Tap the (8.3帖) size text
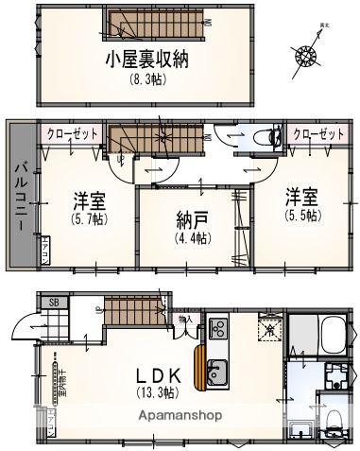(146, 79)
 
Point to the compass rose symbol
(308, 55)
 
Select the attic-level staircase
(145, 21)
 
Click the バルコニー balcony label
(20, 199)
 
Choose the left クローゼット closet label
(74, 134)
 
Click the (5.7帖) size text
(89, 217)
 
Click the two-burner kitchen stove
(216, 329)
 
